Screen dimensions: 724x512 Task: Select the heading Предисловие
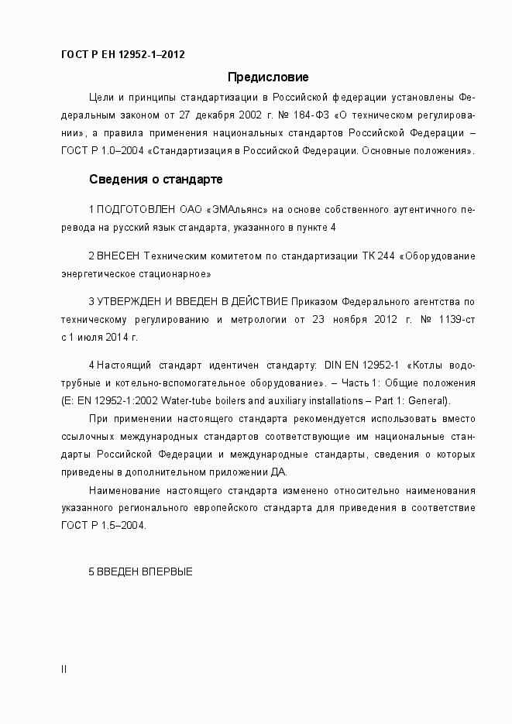click(x=268, y=77)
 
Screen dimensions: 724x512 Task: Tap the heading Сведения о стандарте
click(x=156, y=180)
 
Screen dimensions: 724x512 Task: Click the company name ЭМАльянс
click(x=238, y=210)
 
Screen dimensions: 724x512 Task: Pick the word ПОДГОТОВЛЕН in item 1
click(x=136, y=210)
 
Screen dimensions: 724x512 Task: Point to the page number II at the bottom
click(x=64, y=670)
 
